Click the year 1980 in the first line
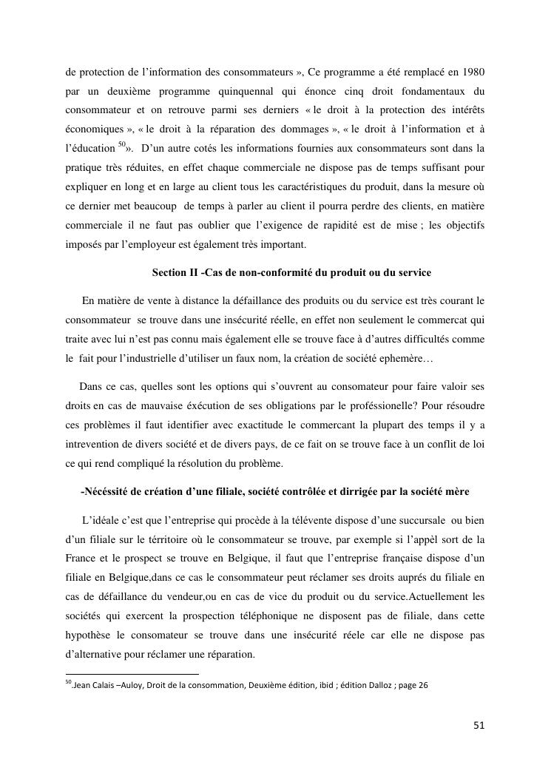tap(471, 72)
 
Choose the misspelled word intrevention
tap(96, 445)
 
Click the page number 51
tap(479, 725)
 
